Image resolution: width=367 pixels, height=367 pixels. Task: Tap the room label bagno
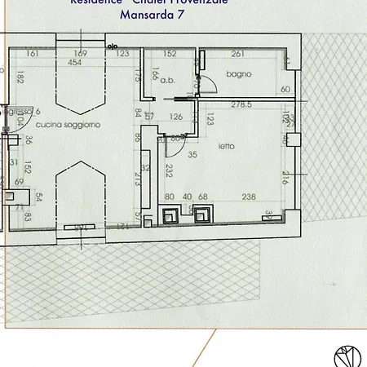click(240, 74)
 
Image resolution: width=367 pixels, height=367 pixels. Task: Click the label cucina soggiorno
click(68, 124)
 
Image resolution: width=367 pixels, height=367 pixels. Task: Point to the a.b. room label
click(169, 80)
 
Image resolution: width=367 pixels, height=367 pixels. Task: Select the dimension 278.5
click(242, 104)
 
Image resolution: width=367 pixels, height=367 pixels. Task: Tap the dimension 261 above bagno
click(238, 54)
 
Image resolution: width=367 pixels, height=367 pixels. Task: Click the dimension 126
click(175, 117)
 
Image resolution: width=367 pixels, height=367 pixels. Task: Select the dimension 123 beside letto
click(210, 122)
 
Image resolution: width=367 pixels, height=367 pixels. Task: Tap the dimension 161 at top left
click(33, 54)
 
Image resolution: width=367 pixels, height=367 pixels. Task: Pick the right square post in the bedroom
click(203, 214)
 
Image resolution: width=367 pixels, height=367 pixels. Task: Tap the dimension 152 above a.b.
click(170, 54)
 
